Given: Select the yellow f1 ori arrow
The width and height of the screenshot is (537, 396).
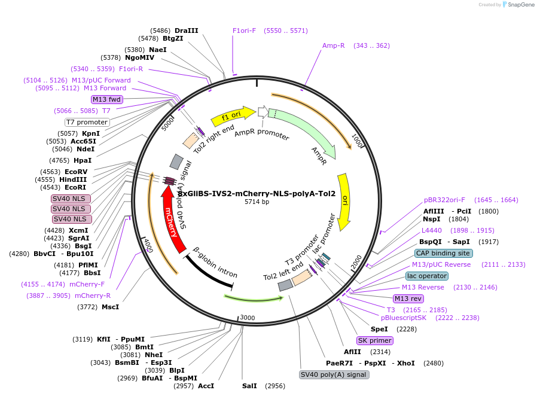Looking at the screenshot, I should pyautogui.click(x=233, y=115).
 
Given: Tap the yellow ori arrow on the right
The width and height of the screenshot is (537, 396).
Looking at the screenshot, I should pyautogui.click(x=344, y=202).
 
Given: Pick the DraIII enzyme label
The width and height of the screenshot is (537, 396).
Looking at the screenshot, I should pyautogui.click(x=186, y=31).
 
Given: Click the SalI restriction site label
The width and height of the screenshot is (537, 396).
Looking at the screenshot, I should pyautogui.click(x=249, y=386).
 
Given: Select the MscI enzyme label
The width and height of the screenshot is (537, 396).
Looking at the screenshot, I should pyautogui.click(x=110, y=307).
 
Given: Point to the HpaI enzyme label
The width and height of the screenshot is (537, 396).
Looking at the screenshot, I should pyautogui.click(x=83, y=160).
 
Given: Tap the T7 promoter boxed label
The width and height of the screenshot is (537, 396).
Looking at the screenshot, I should pyautogui.click(x=87, y=122).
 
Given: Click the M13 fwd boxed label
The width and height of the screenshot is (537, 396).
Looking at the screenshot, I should pyautogui.click(x=107, y=99).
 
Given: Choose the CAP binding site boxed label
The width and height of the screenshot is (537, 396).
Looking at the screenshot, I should pyautogui.click(x=443, y=253).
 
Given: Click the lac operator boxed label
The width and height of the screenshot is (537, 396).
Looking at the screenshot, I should pyautogui.click(x=426, y=276).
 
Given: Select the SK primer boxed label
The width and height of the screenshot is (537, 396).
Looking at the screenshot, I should pyautogui.click(x=375, y=340).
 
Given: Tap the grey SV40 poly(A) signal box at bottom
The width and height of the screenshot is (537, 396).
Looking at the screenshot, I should pyautogui.click(x=334, y=374).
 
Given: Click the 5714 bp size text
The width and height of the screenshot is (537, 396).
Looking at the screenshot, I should pyautogui.click(x=257, y=202).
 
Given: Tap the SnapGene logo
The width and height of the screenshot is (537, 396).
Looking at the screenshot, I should pyautogui.click(x=518, y=5).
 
